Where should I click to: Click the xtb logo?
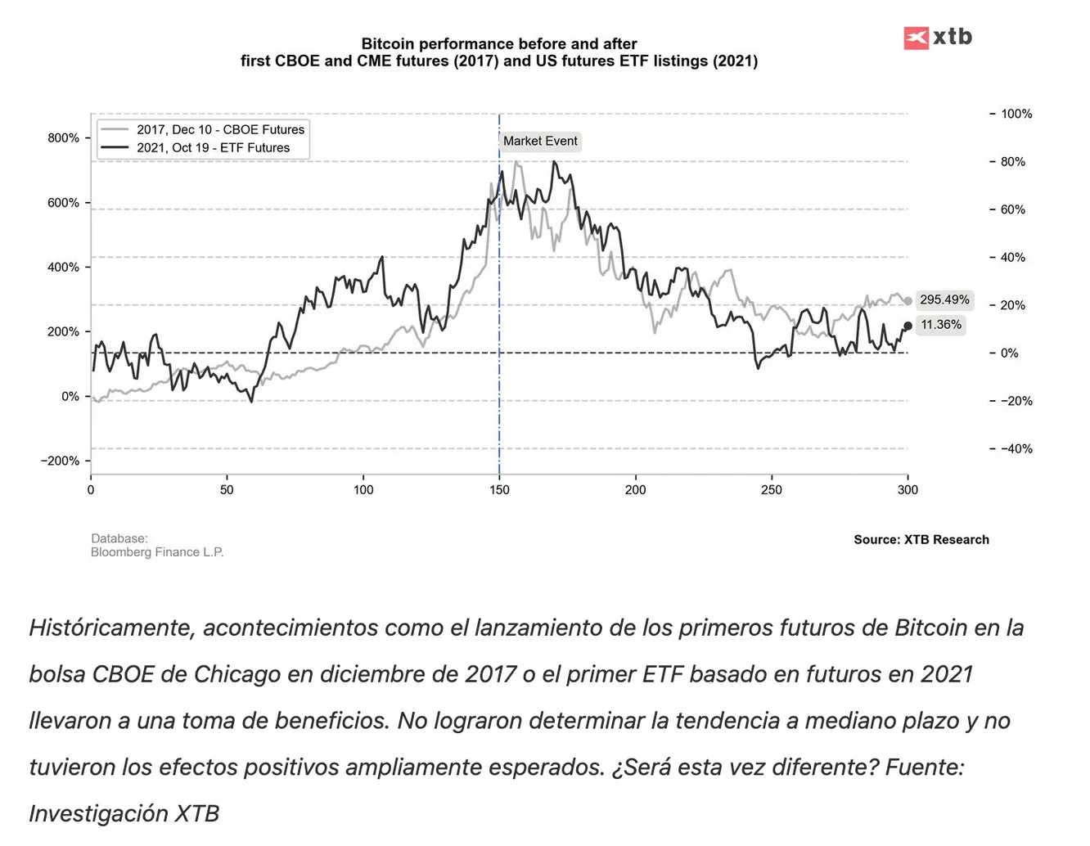pyautogui.click(x=938, y=37)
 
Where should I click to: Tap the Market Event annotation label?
pyautogui.click(x=540, y=141)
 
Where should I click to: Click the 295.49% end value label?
pyautogui.click(x=944, y=299)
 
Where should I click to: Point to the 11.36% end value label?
pyautogui.click(x=941, y=325)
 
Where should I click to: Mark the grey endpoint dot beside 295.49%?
pyautogui.click(x=908, y=301)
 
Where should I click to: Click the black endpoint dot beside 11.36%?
pyautogui.click(x=908, y=326)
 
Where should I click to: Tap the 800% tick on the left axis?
pyautogui.click(x=63, y=137)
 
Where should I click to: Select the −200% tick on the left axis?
pyautogui.click(x=60, y=461)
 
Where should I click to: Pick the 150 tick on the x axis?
pyautogui.click(x=499, y=490)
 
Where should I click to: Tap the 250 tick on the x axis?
pyautogui.click(x=772, y=490)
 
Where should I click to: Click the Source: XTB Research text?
pyautogui.click(x=921, y=539)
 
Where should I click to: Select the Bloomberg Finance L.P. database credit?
pyautogui.click(x=157, y=552)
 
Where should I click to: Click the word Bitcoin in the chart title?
pyautogui.click(x=388, y=44)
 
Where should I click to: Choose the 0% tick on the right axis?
pyautogui.click(x=1010, y=353)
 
